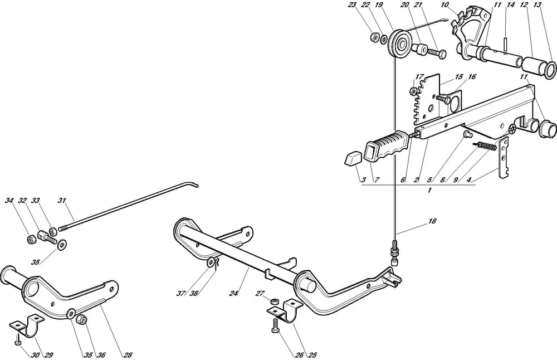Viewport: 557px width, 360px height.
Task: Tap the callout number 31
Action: click(61, 201)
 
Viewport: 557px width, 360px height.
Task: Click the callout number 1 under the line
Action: click(430, 191)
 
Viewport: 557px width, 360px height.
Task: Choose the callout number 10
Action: click(444, 5)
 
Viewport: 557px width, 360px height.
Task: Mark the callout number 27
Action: click(260, 294)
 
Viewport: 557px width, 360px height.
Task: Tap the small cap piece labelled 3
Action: click(353, 160)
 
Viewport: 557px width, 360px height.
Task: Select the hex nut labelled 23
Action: click(374, 38)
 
